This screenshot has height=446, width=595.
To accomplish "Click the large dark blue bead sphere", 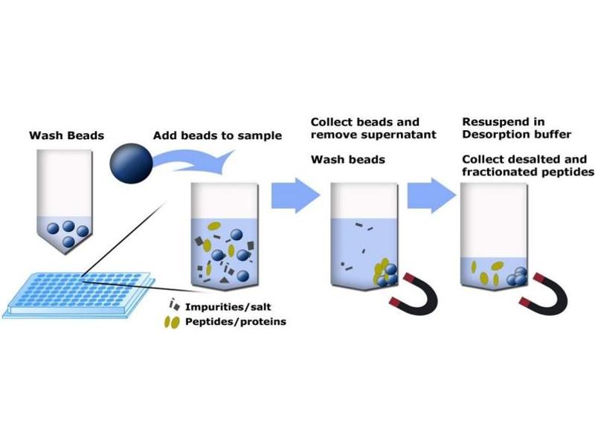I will tap(132, 164).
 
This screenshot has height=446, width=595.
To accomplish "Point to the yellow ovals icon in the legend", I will tap(173, 322).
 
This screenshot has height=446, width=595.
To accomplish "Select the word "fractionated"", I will tap(495, 172).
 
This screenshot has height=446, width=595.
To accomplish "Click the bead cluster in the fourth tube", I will tap(518, 276).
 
